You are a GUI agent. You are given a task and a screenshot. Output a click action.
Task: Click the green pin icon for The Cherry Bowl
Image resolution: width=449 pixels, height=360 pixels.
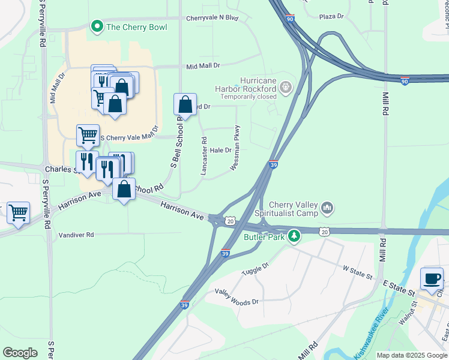click(x=96, y=26)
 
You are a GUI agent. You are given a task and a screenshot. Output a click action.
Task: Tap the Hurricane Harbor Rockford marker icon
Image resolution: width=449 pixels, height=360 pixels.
click(x=286, y=88)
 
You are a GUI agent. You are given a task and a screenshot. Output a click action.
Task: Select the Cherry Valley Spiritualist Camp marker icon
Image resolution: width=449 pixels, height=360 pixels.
click(x=327, y=208)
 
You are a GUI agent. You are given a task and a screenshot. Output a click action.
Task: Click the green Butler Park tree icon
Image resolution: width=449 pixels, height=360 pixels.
click(x=294, y=236)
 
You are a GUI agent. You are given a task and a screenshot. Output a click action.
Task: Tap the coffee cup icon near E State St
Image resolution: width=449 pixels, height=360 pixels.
click(x=432, y=278)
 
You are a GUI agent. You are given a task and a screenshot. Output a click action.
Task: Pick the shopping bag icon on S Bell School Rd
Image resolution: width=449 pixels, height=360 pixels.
click(x=185, y=104)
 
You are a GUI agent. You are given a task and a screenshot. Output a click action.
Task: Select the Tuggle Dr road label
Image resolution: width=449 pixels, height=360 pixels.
click(x=256, y=268)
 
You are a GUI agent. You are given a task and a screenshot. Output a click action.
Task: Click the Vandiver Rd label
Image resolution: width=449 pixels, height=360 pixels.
click(x=76, y=235)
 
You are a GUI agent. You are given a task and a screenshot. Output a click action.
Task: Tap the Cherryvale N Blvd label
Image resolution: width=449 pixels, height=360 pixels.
click(x=212, y=19)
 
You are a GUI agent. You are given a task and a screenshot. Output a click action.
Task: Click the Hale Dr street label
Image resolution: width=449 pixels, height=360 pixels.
click(x=220, y=150)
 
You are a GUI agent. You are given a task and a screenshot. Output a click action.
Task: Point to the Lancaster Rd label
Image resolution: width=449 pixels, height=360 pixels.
click(x=204, y=157)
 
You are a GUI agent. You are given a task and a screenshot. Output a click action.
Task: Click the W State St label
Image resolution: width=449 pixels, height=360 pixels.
click(x=357, y=273)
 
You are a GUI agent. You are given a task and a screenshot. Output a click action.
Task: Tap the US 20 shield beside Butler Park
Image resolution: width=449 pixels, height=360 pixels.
click(x=324, y=232)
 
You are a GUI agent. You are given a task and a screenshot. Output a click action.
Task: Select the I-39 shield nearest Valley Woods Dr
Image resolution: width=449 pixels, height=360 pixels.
click(x=184, y=305)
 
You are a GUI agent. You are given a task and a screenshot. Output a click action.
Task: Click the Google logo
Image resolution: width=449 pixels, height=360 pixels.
click(x=20, y=353)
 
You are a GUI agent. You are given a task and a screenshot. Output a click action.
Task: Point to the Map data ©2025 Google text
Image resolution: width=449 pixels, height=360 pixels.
click(x=412, y=355)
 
